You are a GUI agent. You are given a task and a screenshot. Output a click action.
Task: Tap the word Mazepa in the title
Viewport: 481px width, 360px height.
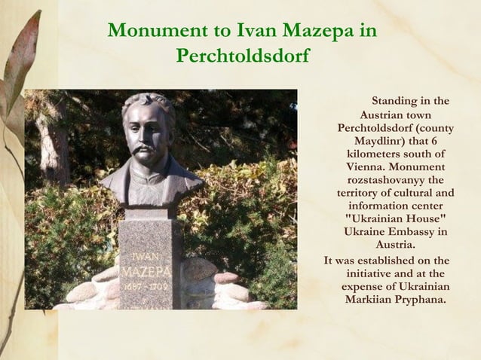tap(317, 32)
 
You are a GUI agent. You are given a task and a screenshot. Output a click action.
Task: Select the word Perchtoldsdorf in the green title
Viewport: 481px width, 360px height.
tap(242, 57)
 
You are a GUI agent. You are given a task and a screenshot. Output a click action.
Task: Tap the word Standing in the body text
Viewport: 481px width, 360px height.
tap(399, 100)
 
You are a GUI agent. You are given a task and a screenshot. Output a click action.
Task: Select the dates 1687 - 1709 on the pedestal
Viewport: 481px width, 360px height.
tap(148, 286)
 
